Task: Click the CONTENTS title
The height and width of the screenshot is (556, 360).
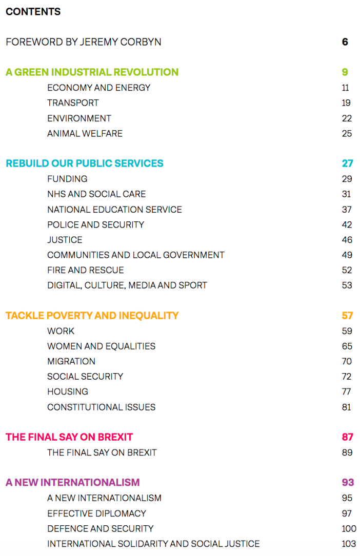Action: [33, 12]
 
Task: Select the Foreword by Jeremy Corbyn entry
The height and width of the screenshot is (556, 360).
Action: [83, 42]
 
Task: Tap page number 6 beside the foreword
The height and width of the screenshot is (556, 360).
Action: [345, 42]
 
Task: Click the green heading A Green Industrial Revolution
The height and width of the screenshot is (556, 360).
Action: [92, 72]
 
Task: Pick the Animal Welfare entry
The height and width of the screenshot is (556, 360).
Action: [85, 134]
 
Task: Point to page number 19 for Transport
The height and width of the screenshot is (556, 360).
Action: [346, 103]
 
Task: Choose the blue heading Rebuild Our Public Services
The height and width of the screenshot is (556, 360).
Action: [85, 163]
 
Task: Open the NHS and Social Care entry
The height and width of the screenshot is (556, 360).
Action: [96, 194]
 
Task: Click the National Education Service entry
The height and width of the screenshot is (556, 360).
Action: [114, 210]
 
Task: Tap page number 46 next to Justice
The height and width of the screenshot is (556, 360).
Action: [347, 240]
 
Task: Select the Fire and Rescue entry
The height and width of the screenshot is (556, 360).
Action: [85, 270]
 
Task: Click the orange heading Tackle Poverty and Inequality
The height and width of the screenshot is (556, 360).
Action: [92, 316]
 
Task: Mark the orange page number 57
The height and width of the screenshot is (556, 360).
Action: [347, 316]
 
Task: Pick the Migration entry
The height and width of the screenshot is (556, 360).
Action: [71, 361]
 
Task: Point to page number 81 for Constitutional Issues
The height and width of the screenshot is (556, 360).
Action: [347, 407]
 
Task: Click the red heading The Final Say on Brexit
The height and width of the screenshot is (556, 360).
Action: [69, 437]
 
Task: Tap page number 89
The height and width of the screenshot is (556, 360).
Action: [347, 452]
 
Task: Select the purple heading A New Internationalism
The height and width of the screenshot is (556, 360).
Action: [72, 483]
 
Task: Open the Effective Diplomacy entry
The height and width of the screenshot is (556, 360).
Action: [96, 513]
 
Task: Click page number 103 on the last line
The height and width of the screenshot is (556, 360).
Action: [349, 544]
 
